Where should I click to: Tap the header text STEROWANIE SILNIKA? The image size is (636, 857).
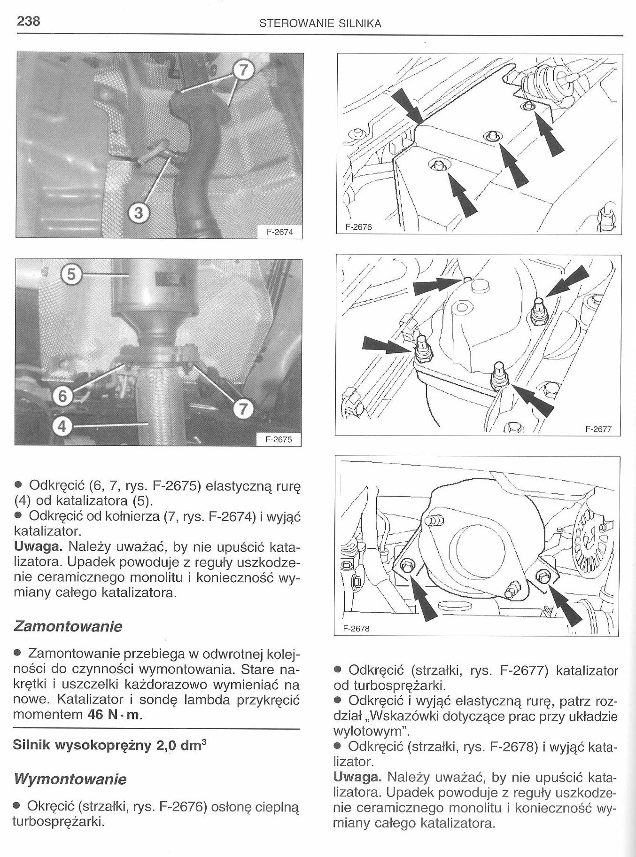[320, 23]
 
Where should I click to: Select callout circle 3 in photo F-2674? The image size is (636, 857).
[138, 213]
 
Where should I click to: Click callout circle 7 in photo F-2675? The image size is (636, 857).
[242, 408]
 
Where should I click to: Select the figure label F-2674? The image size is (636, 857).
[279, 232]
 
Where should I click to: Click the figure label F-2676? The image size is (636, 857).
[358, 227]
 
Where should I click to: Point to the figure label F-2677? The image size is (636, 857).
[598, 428]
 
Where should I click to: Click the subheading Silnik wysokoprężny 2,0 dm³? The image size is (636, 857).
[111, 745]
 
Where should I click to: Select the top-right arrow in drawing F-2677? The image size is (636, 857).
[566, 282]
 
